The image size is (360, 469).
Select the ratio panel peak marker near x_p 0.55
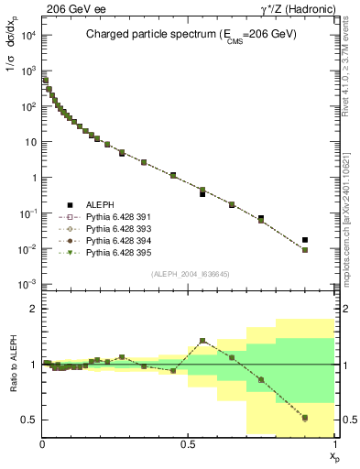click(202, 341)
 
